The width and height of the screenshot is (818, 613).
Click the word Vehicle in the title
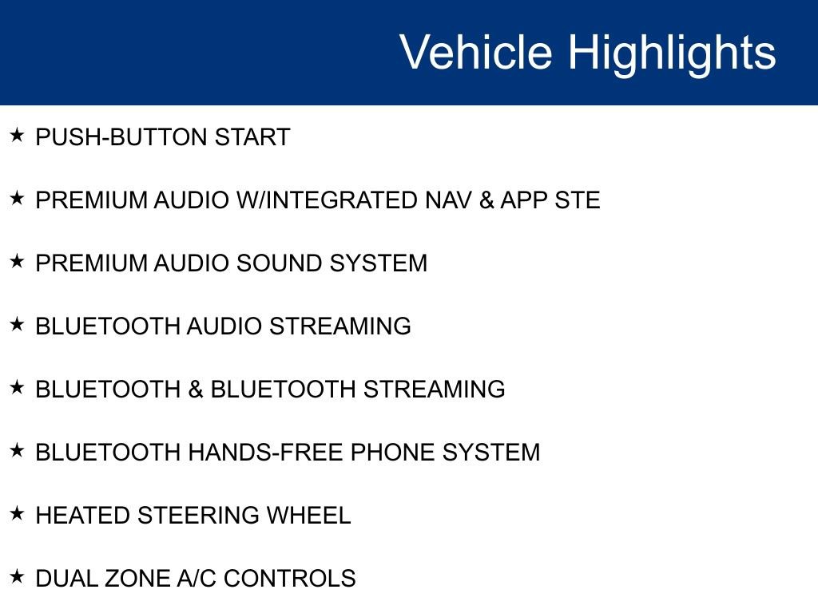[x=475, y=52]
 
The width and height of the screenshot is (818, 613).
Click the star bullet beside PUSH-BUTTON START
[x=17, y=135]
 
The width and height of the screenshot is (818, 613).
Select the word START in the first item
[x=252, y=137]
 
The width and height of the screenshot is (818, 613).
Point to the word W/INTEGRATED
[x=327, y=200]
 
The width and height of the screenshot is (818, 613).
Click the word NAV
[x=449, y=200]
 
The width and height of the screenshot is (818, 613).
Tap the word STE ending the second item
[x=578, y=200]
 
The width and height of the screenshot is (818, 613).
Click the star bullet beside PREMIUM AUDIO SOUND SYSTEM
[x=17, y=261]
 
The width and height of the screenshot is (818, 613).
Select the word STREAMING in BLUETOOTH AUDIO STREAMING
[x=340, y=326]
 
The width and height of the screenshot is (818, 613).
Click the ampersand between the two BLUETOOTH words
[x=196, y=390]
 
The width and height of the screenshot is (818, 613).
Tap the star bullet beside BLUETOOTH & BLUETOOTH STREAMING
[x=17, y=387]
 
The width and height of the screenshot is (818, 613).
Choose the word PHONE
[x=393, y=453]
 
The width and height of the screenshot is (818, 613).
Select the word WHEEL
[x=308, y=516]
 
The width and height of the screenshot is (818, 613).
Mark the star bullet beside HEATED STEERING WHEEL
[x=17, y=513]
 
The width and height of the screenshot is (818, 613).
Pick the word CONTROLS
[x=289, y=579]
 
